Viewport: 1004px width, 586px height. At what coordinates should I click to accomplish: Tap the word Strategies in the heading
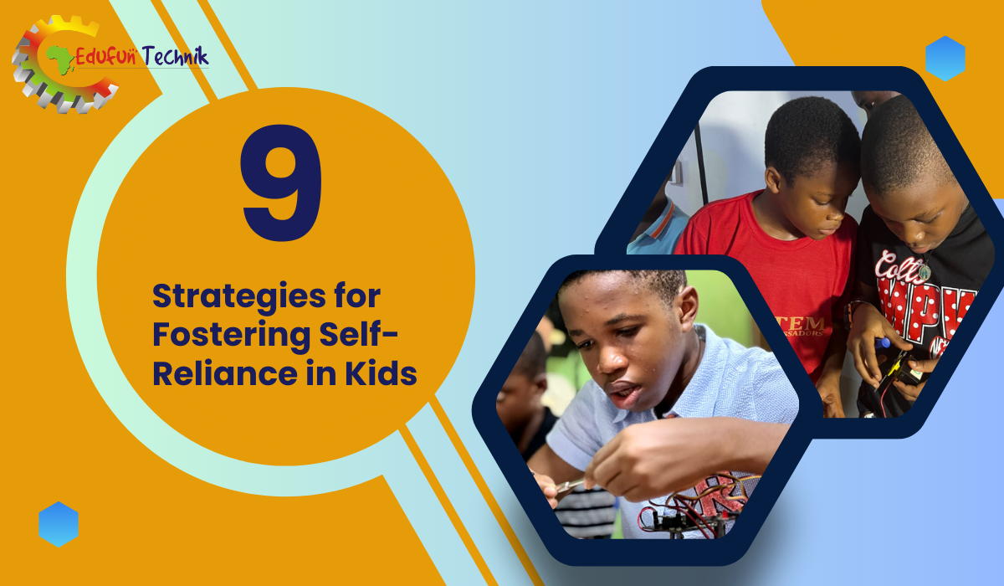tap(239, 298)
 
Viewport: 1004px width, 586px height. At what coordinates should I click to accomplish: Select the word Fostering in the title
tap(231, 337)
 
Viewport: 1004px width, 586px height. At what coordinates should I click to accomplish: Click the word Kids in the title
tap(381, 373)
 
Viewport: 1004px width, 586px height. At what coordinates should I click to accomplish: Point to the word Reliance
tap(225, 373)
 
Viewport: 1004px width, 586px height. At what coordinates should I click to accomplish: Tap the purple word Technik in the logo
tap(175, 56)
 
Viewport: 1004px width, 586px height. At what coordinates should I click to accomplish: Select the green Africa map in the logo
tap(60, 59)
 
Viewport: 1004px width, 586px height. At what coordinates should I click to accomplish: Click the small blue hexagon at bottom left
tap(59, 524)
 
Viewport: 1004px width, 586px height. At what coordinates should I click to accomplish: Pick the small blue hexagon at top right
tap(945, 59)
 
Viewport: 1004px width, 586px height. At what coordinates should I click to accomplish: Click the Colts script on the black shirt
tap(896, 265)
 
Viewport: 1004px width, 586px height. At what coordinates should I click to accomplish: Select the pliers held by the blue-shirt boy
tap(568, 486)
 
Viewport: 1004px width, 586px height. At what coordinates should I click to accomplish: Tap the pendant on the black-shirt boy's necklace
tap(925, 273)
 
